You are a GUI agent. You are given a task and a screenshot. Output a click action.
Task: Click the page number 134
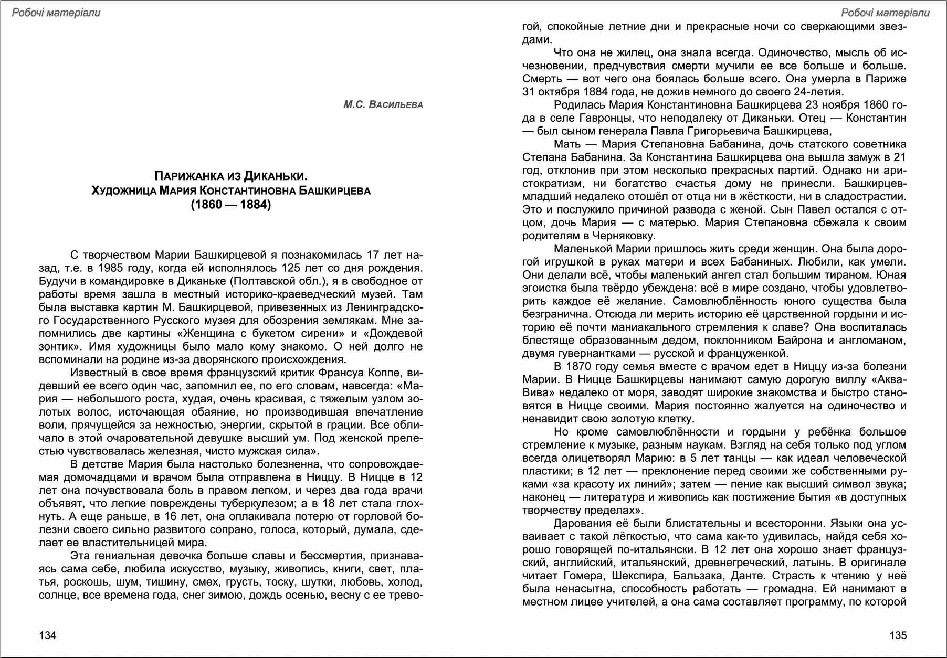click(47, 635)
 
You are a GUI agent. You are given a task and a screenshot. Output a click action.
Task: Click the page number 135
click(898, 635)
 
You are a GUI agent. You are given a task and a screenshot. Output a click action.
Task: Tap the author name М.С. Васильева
click(383, 104)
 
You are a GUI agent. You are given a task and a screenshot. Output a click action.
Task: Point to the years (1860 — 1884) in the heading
click(231, 205)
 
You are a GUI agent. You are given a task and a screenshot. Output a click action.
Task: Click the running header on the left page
click(56, 13)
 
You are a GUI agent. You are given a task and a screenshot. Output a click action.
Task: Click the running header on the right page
click(885, 13)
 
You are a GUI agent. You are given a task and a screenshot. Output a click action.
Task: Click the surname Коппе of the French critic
click(385, 373)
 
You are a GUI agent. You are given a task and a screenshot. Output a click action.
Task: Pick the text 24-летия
click(819, 92)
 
